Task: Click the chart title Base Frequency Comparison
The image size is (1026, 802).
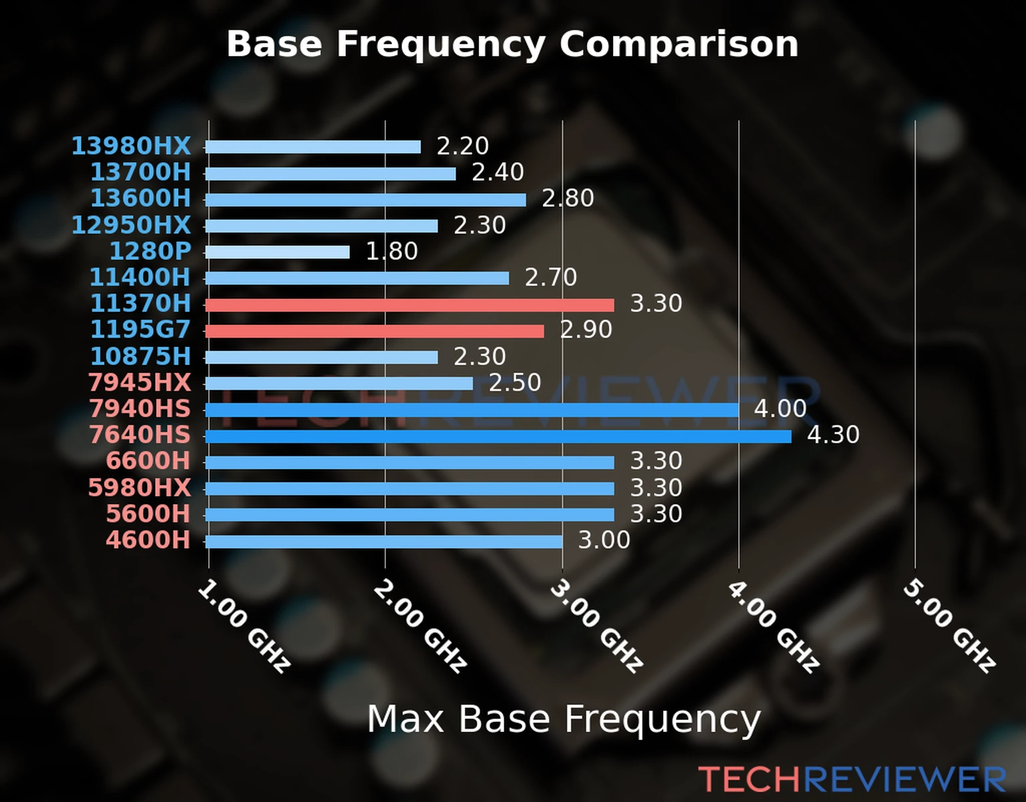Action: tap(512, 44)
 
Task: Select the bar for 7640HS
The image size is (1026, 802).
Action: tap(498, 436)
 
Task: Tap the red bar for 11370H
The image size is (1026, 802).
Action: tap(409, 305)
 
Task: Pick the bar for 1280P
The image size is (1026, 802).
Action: tap(277, 252)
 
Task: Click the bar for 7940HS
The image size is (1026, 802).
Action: tap(472, 410)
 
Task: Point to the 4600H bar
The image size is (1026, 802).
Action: tap(384, 541)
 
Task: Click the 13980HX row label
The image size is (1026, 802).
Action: tap(131, 146)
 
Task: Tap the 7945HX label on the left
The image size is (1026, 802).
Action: tap(140, 382)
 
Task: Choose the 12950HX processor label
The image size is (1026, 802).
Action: tap(131, 225)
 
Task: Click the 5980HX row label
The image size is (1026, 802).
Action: tap(140, 487)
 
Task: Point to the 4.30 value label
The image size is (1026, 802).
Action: tap(833, 435)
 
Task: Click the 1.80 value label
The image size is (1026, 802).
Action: tap(391, 251)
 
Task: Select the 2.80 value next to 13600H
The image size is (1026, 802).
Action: tap(568, 198)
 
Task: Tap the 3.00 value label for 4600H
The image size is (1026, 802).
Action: tap(604, 540)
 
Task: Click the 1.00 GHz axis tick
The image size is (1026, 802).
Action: tap(244, 626)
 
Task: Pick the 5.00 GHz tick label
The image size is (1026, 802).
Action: tap(949, 626)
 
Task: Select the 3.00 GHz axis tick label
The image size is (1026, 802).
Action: tap(596, 626)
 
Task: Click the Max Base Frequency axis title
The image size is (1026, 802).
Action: tap(564, 719)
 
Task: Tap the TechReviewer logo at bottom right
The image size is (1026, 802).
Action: tap(852, 779)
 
